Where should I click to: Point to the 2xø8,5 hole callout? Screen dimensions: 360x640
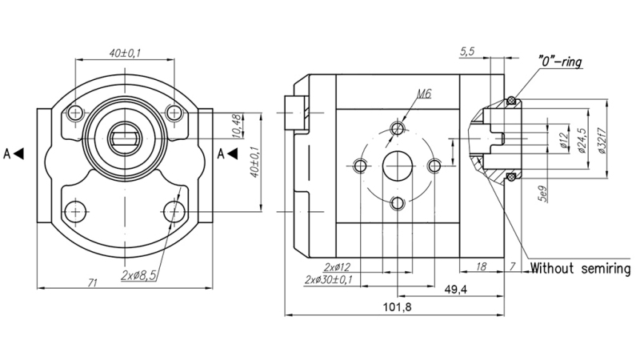point(138,274)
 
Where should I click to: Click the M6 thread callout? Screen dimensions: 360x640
point(424,94)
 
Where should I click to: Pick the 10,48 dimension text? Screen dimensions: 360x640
point(236,126)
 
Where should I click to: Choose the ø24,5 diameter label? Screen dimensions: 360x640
point(581,139)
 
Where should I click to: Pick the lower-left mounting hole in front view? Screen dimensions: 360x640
point(76,211)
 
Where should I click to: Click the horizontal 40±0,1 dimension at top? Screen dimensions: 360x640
point(125,53)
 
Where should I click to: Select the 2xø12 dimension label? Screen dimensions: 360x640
point(339,266)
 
